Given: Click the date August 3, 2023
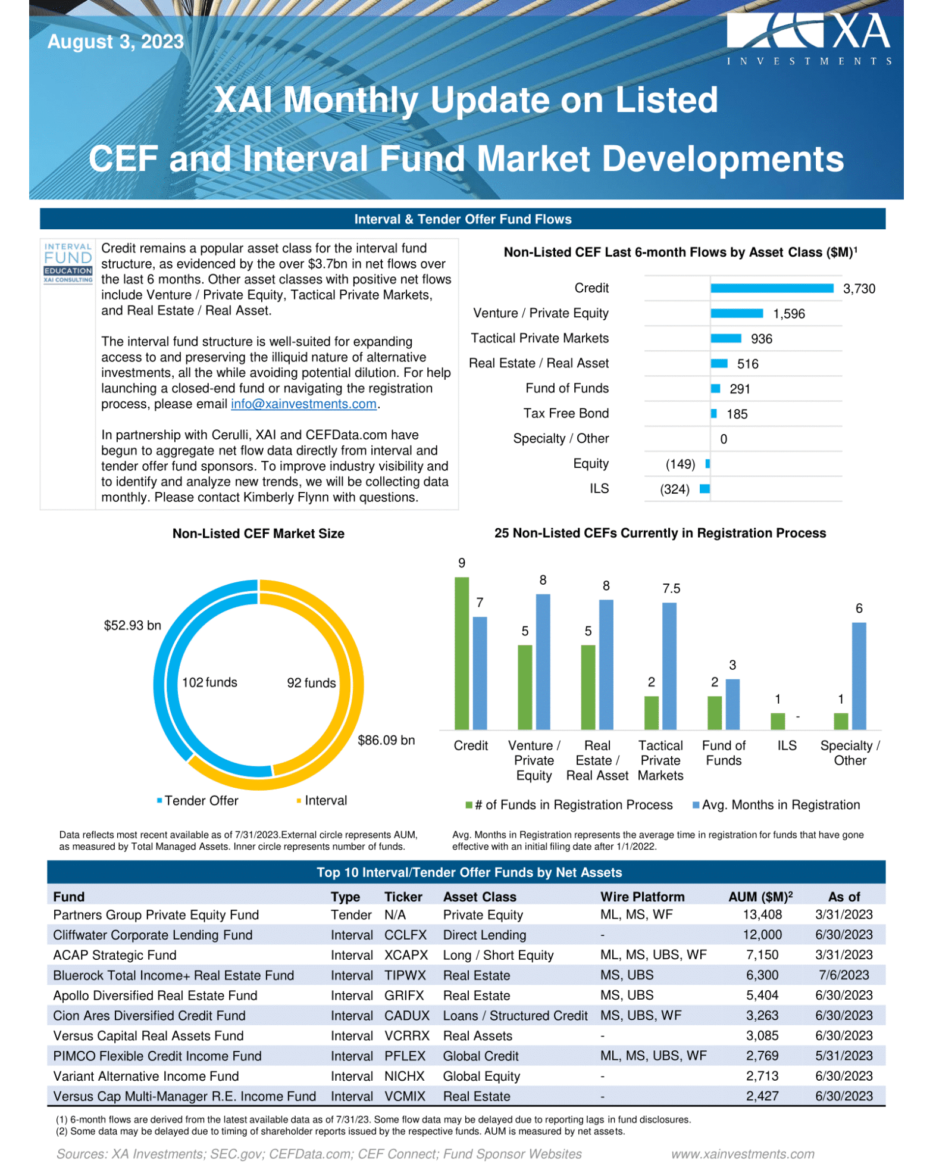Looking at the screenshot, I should point(115,42).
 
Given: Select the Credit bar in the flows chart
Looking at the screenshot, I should point(771,288).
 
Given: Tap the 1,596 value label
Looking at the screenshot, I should point(788,314).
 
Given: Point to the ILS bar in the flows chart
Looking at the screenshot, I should point(705,489).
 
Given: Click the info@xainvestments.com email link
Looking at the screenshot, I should point(303,404).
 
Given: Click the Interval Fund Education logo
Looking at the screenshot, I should point(68,263).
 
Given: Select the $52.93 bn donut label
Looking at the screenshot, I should point(132,625).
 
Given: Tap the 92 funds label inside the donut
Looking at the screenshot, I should point(311,683).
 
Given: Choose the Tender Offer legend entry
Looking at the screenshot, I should point(198,801).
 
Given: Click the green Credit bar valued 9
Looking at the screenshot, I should point(461,653).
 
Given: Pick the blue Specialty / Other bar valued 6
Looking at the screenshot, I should point(859,676).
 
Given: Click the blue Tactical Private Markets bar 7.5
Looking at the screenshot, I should point(669,666).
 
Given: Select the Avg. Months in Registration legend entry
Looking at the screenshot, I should point(776,805).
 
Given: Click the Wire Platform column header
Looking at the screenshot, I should point(642,897).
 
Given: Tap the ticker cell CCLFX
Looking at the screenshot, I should point(405,935).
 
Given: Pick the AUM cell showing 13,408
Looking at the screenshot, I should point(762,915).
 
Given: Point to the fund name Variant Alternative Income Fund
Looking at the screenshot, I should point(146,1076).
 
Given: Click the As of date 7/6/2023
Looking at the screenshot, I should point(844,975).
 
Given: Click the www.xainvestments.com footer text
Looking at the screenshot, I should point(743,1154).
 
